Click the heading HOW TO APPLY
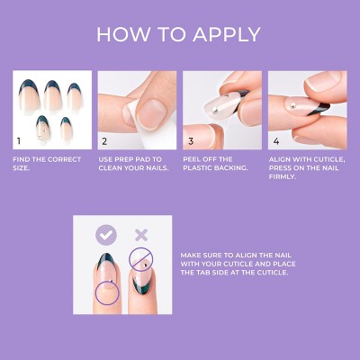[179, 35]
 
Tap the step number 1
[17, 141]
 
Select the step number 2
[104, 141]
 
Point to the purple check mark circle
[107, 235]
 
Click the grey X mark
[139, 235]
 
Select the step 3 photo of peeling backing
[222, 111]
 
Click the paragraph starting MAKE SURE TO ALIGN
[235, 263]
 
